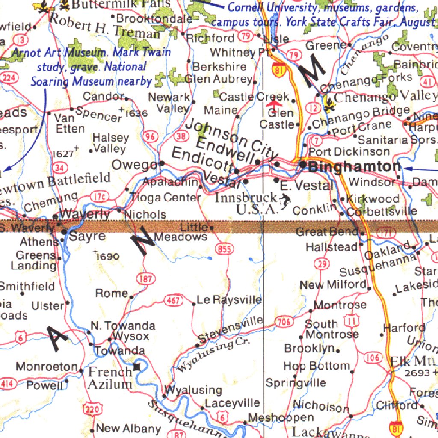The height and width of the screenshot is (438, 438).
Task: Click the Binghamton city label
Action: [x=355, y=167]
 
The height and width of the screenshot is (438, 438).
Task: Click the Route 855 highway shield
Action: [x=224, y=249]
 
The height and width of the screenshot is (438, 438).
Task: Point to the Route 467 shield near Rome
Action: [x=173, y=301]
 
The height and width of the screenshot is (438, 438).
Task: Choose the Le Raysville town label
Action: [x=229, y=300]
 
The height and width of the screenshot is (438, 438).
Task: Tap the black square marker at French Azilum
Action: [x=137, y=367]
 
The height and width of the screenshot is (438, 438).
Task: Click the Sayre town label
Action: [x=87, y=236]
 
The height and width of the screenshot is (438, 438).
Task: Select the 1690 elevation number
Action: [x=108, y=256]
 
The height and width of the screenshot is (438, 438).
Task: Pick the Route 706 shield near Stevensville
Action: [x=284, y=322]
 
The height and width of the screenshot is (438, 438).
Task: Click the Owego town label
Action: [x=134, y=165]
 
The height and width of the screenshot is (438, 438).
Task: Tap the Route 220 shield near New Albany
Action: [x=93, y=410]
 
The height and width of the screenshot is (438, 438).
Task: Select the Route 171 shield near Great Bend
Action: [x=385, y=233]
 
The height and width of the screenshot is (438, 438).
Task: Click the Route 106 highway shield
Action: [x=373, y=357]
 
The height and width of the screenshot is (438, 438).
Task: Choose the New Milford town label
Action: [x=333, y=285]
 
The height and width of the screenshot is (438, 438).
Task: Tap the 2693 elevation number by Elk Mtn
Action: [x=417, y=373]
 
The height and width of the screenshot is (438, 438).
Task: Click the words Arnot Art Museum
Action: [x=59, y=53]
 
